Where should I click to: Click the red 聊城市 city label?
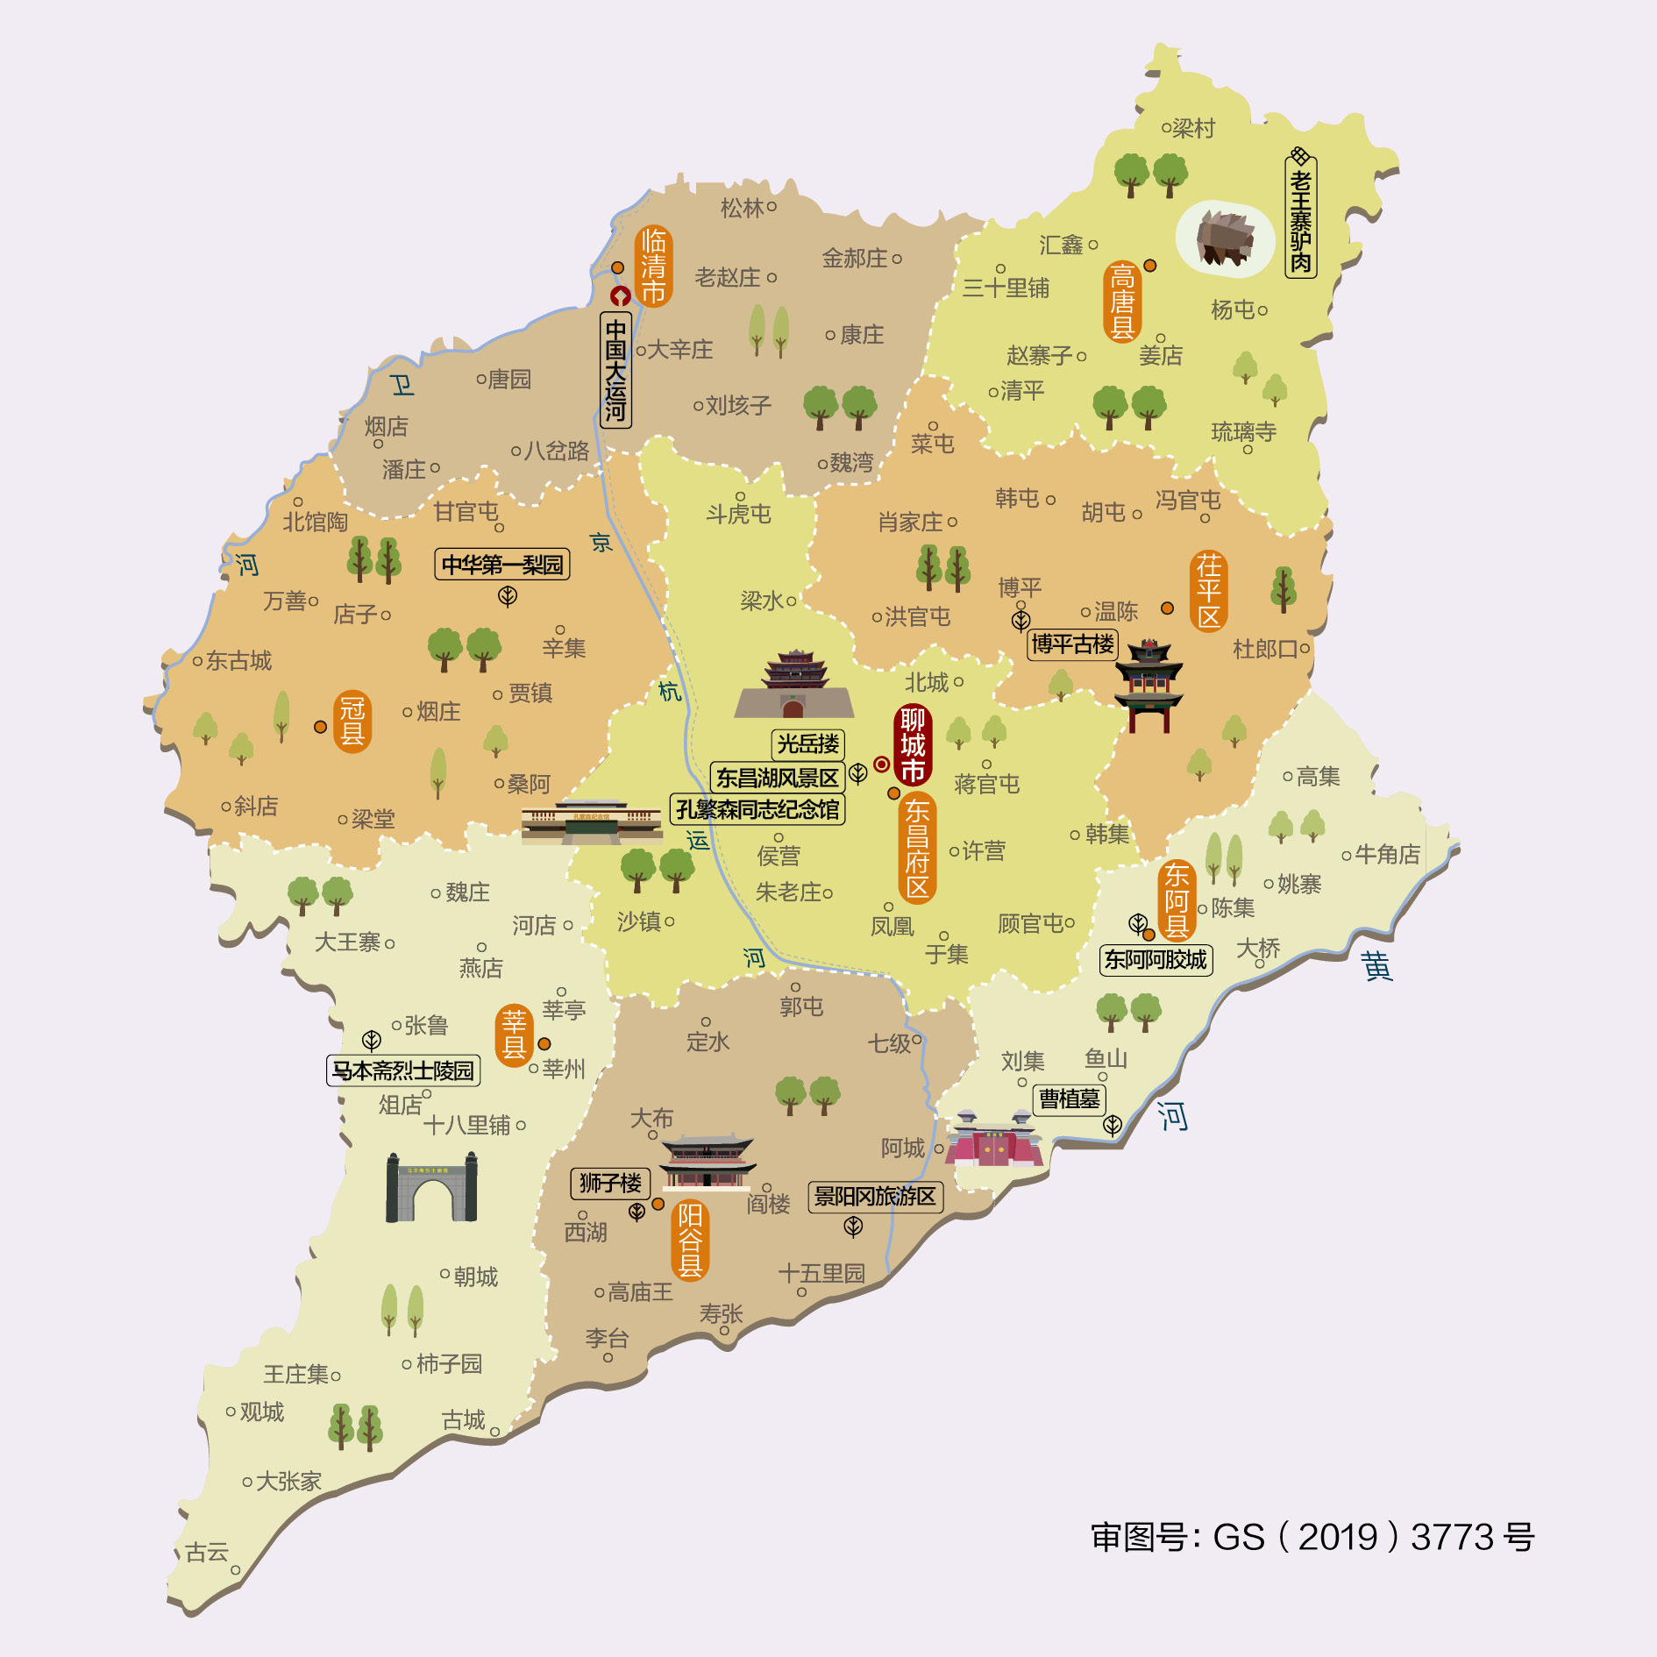point(912,744)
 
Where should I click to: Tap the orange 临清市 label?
point(653,266)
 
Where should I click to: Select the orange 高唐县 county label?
point(1121,302)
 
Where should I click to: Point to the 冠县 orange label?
point(352,721)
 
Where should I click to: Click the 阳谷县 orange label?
point(690,1240)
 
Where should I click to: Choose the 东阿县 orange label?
point(1176,900)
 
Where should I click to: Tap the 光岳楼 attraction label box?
point(807,744)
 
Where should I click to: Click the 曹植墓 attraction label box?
point(1069,1099)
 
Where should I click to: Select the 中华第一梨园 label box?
point(502,565)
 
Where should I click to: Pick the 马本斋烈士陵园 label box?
point(403,1070)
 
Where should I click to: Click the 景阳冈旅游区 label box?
point(875,1196)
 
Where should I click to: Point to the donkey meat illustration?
point(1225,237)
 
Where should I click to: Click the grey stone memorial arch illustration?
point(431,1188)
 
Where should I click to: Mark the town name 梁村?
point(1193,129)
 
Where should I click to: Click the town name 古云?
point(207,1553)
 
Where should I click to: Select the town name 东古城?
point(238,660)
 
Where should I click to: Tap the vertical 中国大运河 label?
point(615,369)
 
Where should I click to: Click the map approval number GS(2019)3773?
point(1312,1537)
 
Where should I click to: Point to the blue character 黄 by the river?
point(1376,965)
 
